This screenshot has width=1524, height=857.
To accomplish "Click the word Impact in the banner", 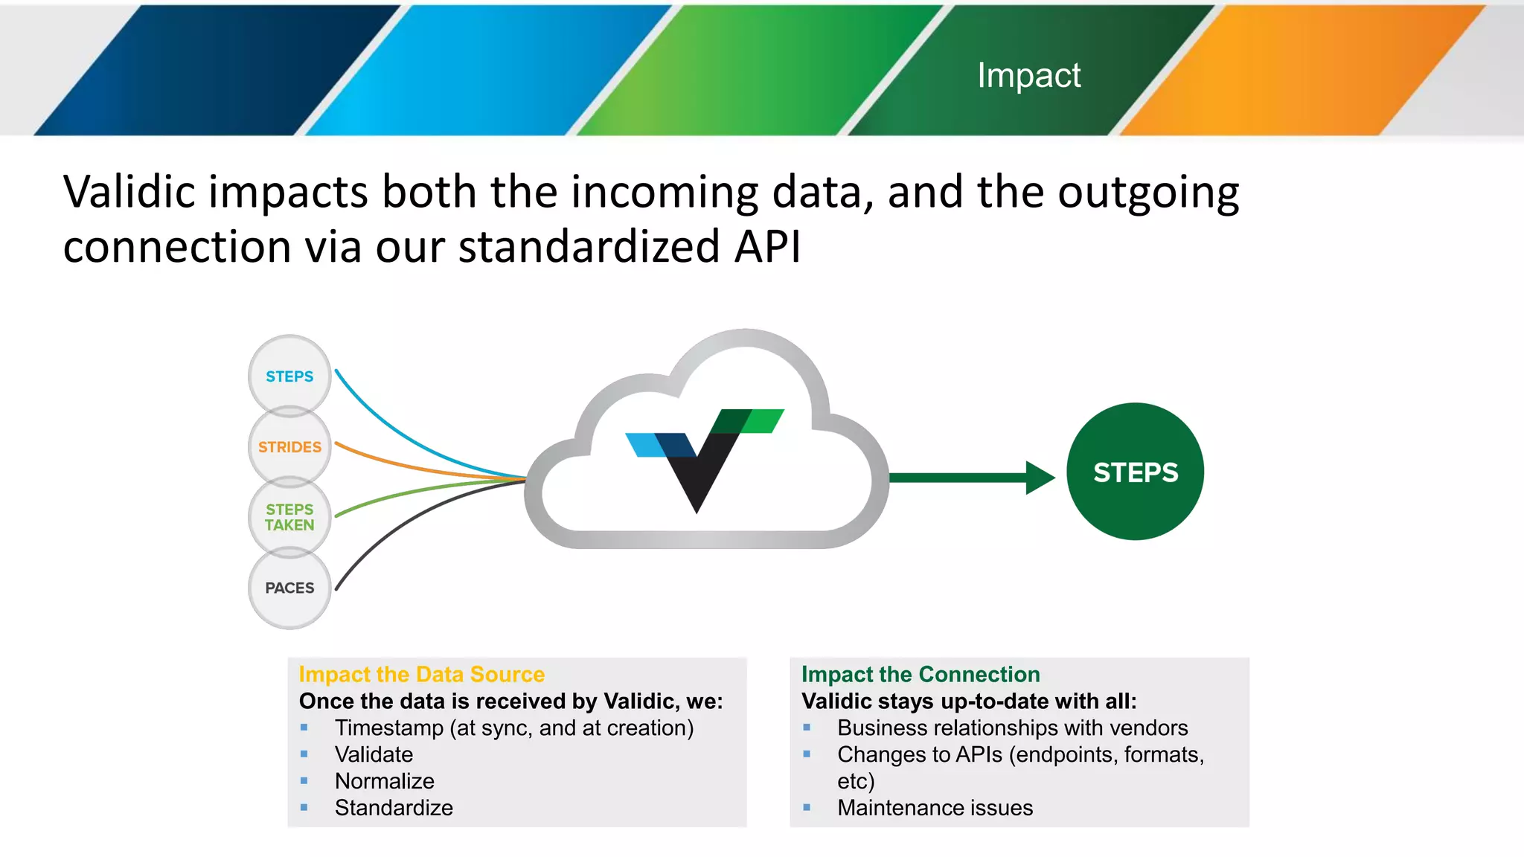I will (x=1028, y=75).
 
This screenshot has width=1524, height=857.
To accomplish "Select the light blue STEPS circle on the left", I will (x=289, y=376).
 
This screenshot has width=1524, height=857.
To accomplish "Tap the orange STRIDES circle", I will (x=289, y=446).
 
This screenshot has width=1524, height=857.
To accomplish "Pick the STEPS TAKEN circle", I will (x=289, y=517).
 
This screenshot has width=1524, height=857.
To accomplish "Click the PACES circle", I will (x=289, y=588).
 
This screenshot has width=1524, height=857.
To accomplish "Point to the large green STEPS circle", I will (x=1135, y=472).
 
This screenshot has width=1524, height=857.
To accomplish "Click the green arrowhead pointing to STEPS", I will (x=1040, y=478).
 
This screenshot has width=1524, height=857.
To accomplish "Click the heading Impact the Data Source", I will (x=421, y=674).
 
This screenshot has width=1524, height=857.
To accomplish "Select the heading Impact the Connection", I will (x=920, y=674).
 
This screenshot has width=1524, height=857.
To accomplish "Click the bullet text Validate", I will (x=374, y=754).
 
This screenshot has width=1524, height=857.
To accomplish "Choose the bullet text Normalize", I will (x=384, y=781).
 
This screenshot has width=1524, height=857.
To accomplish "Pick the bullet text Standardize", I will (x=394, y=808).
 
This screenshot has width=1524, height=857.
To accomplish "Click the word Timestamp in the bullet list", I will (x=388, y=728).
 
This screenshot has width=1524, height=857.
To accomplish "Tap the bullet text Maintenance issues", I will (x=935, y=808).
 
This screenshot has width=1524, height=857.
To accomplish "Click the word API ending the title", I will (x=767, y=247).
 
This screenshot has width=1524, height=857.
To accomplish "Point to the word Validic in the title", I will (x=129, y=192).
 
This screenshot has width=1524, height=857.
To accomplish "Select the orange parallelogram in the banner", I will (x=1302, y=71).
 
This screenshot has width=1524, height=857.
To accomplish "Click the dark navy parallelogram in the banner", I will (x=216, y=71).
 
